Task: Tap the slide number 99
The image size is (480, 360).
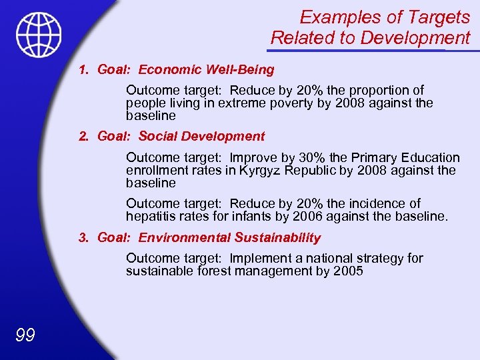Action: tap(25, 335)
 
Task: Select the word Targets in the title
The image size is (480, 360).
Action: tap(441, 17)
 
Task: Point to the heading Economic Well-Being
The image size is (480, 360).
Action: tap(206, 69)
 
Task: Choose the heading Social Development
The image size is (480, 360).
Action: tap(201, 137)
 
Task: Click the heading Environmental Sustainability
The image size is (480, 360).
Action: tap(229, 238)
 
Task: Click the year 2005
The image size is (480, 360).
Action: tap(348, 271)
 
